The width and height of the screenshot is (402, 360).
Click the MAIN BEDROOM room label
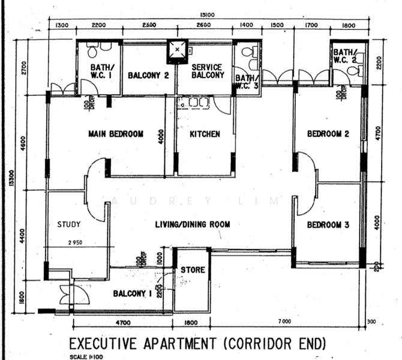click(115, 134)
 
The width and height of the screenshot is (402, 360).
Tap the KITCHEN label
click(205, 134)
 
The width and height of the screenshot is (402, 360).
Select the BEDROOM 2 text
click(328, 134)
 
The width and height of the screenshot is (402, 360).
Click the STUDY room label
click(68, 224)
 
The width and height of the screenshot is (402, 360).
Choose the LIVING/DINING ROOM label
click(193, 224)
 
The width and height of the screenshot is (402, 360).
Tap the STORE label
click(193, 270)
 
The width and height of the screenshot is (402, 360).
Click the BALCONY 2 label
click(148, 75)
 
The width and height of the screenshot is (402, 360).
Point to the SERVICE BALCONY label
click(207, 71)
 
